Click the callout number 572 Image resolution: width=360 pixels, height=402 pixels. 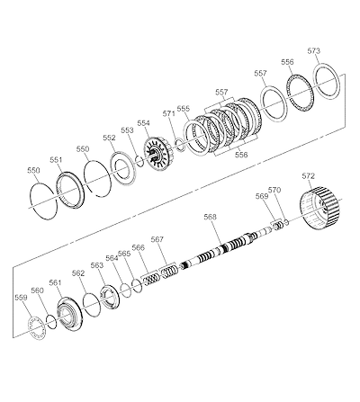click(x=309, y=176)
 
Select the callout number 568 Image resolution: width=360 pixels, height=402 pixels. click(x=210, y=217)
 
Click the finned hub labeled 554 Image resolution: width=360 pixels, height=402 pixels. click(x=158, y=153)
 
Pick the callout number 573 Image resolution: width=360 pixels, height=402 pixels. click(x=314, y=51)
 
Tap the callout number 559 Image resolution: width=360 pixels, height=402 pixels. click(x=21, y=298)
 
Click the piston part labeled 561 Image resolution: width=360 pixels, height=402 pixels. click(x=69, y=315)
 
